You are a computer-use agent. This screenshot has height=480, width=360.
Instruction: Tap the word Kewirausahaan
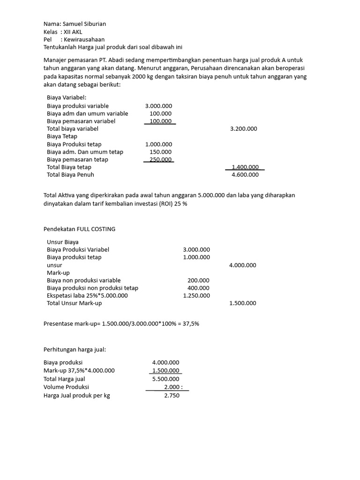[85, 40]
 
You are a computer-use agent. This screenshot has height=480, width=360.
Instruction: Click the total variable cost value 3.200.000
[243, 128]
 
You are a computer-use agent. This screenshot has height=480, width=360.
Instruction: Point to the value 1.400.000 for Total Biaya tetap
[245, 167]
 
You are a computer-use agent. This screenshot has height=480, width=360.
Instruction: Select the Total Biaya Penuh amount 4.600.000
[245, 175]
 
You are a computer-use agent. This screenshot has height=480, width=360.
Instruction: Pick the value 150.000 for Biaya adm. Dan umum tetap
[160, 152]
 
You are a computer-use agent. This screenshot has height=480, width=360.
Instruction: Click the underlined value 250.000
[160, 159]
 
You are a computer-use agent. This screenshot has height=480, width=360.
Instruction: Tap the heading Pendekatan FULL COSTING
[79, 229]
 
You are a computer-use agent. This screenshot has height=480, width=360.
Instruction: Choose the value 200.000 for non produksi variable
[198, 280]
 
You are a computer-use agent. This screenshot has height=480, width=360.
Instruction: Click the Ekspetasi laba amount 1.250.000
[196, 295]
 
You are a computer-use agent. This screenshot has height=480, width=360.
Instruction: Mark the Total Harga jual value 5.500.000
[165, 379]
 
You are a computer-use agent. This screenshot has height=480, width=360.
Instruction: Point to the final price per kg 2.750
[172, 395]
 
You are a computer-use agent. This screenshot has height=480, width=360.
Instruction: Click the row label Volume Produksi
[66, 387]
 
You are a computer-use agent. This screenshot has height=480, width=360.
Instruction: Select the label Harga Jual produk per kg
[77, 395]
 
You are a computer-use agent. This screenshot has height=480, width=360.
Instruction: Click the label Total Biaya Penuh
[70, 175]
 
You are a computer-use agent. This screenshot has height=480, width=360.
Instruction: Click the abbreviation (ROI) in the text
[166, 204]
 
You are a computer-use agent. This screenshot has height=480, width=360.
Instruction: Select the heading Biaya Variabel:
[67, 97]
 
